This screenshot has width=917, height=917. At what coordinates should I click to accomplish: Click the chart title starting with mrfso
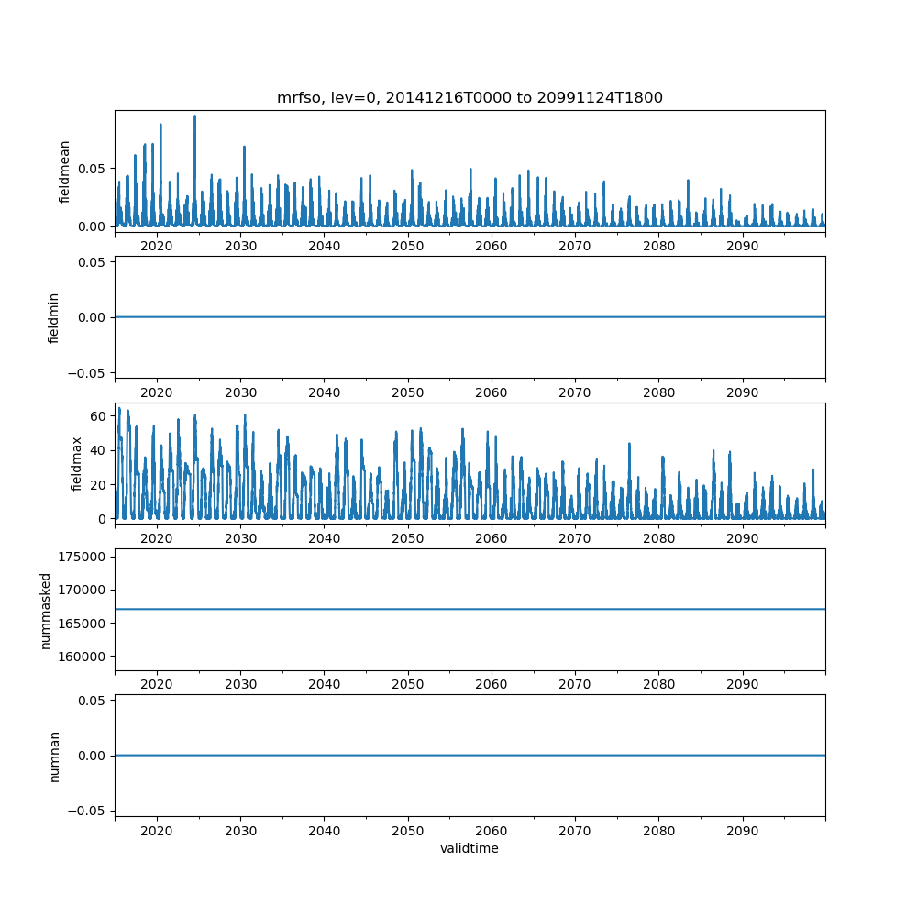pos(470,97)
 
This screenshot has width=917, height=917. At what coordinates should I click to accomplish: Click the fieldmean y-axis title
pos(64,171)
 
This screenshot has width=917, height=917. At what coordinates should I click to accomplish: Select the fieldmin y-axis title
pos(54,317)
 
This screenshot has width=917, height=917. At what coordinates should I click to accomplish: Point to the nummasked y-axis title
pos(45,609)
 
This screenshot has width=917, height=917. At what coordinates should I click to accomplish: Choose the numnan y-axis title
pos(54,755)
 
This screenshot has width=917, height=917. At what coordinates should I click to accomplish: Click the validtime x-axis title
pos(470,848)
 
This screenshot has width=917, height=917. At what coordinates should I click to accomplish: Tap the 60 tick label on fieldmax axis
pos(97,415)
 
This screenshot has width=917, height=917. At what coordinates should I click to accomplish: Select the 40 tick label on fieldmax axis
pos(97,449)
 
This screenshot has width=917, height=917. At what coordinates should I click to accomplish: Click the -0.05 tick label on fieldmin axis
pos(88,372)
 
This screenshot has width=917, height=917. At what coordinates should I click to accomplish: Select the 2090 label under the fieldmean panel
pos(742,247)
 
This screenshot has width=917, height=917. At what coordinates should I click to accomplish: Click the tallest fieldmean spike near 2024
pos(194,116)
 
